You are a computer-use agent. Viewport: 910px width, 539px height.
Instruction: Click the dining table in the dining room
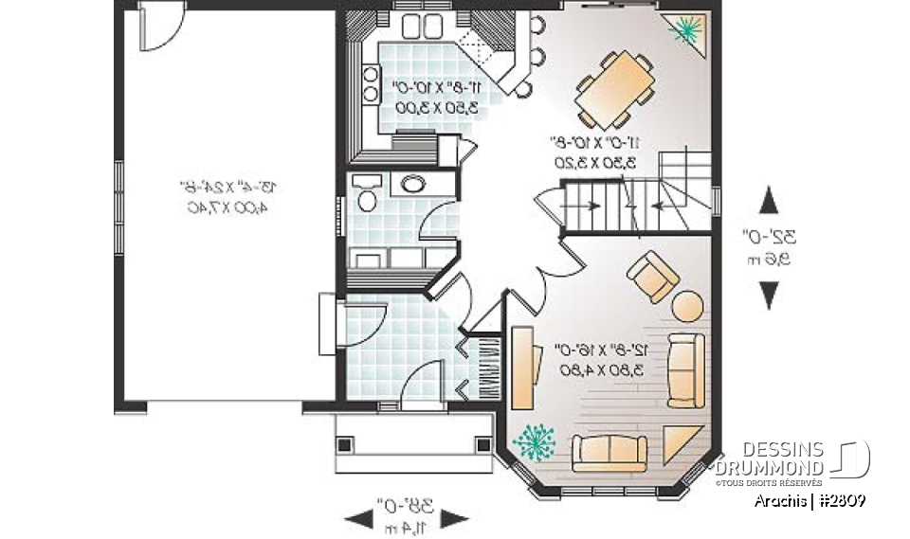click(x=615, y=90)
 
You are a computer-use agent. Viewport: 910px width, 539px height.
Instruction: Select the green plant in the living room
click(x=536, y=440)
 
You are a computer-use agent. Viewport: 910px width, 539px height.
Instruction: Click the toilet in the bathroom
click(x=365, y=193)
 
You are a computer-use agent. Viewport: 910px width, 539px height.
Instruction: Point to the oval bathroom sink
click(x=413, y=184)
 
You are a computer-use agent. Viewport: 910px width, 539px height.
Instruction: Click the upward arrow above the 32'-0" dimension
click(x=769, y=201)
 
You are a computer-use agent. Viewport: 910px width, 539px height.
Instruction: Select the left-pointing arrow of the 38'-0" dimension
click(x=358, y=518)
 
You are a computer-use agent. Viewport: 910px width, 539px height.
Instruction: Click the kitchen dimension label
click(x=437, y=97)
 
